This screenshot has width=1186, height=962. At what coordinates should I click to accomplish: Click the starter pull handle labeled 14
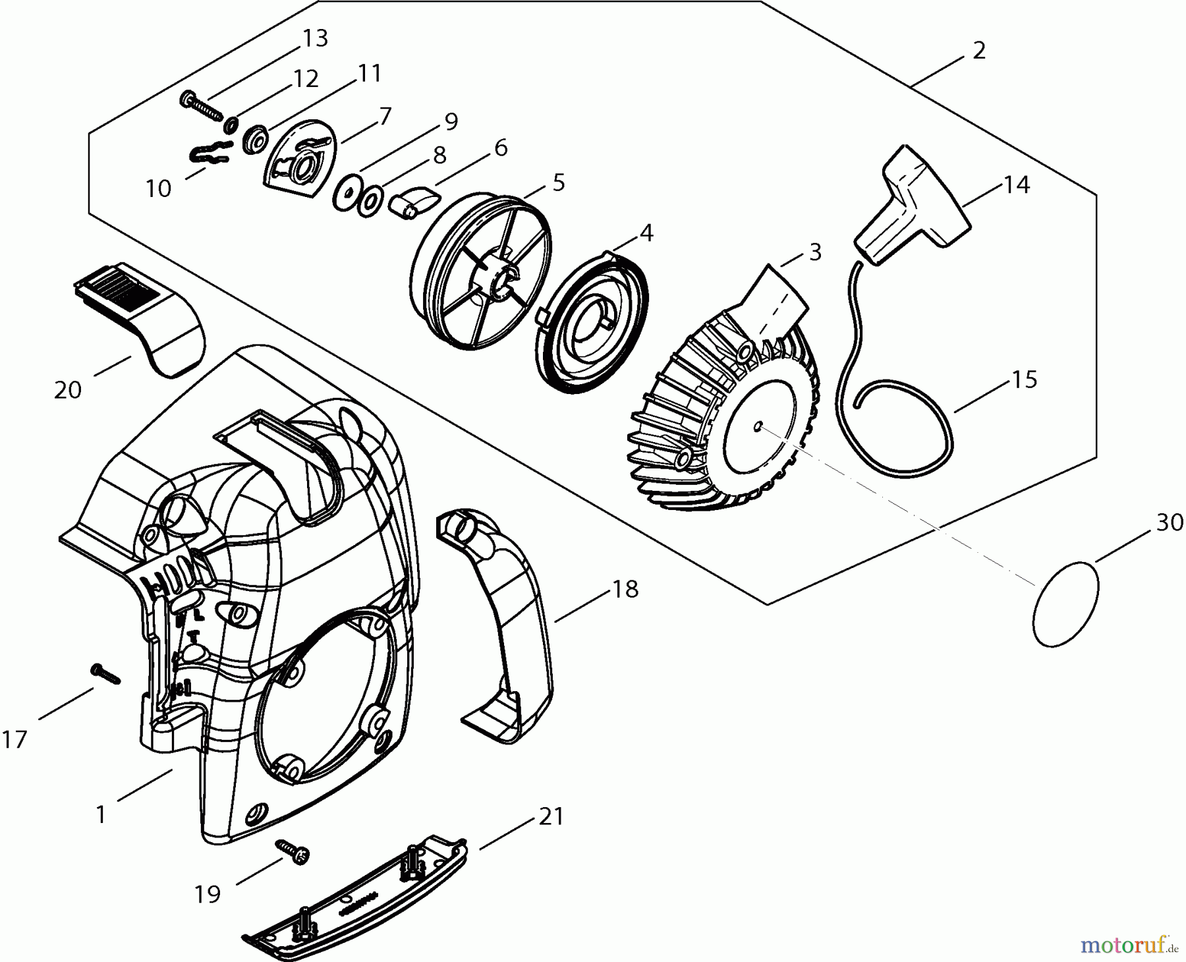tap(913, 211)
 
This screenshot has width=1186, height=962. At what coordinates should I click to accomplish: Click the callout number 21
tap(551, 817)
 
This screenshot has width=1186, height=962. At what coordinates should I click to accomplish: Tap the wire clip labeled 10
tap(210, 152)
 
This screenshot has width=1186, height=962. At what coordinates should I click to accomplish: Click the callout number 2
tap(979, 51)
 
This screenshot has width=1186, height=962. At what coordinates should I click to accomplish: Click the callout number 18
tap(625, 589)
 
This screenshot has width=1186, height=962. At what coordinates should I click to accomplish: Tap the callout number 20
tap(68, 390)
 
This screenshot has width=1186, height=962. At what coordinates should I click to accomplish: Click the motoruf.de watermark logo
tap(1128, 946)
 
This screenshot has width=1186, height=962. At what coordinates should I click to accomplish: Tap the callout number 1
tap(100, 815)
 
